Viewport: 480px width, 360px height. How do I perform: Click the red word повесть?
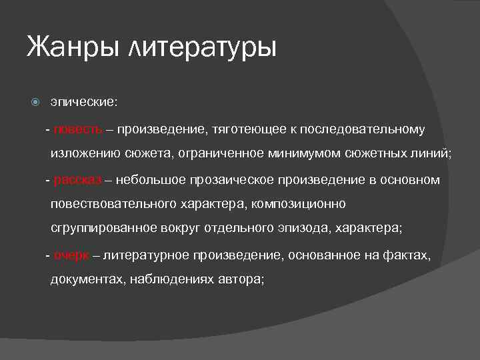pos(78,129)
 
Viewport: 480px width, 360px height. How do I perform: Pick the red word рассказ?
pos(78,179)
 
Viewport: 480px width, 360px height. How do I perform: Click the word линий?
pos(433,154)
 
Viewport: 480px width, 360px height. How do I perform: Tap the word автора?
pos(241,280)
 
